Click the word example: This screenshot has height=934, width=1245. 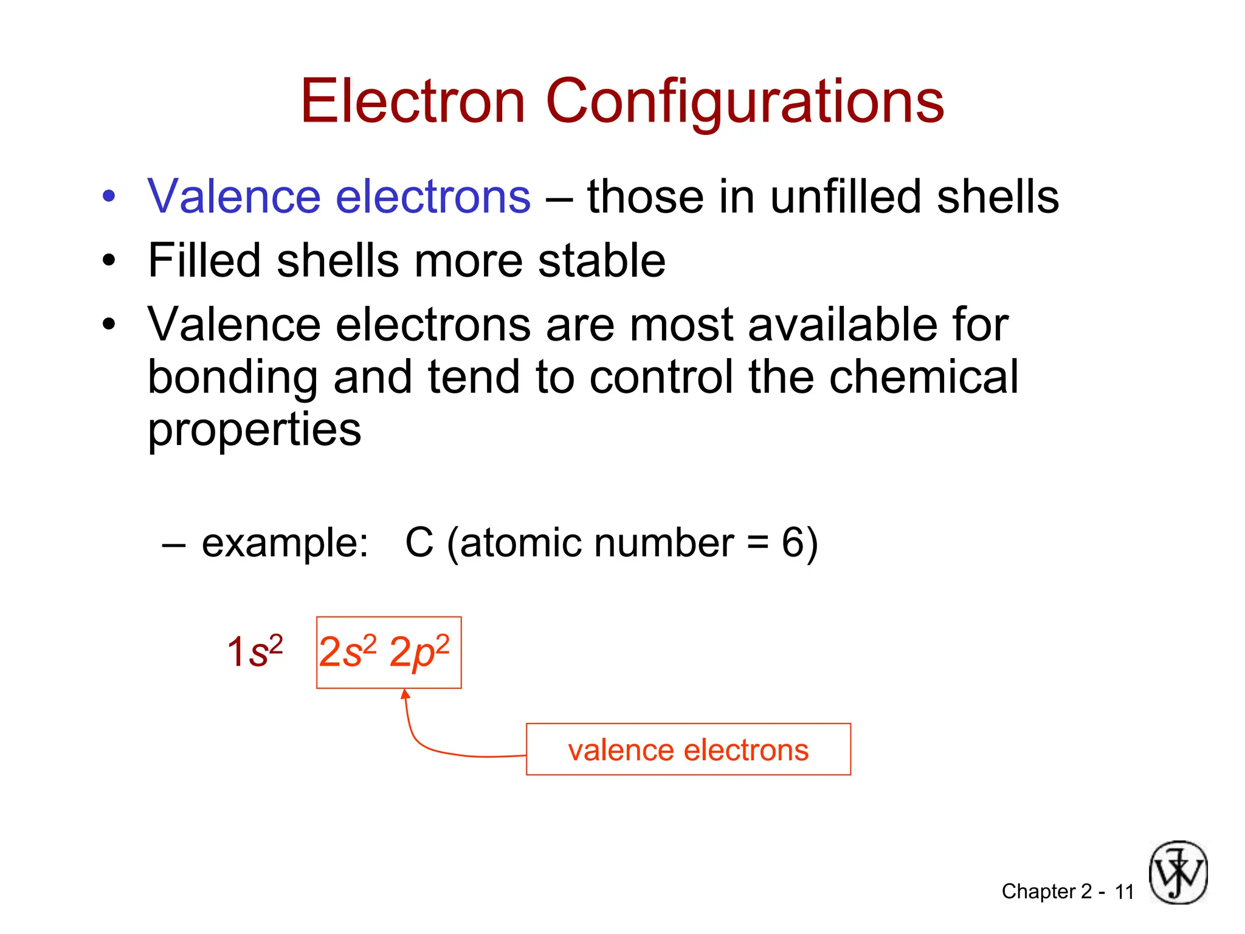[x=285, y=542]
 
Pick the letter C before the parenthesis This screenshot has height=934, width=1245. [x=419, y=542]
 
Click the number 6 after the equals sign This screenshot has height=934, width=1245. [x=793, y=542]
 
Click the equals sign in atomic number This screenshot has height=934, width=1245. [x=757, y=543]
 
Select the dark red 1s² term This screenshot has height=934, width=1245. [x=255, y=652]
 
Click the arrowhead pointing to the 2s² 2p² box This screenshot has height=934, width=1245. [x=405, y=694]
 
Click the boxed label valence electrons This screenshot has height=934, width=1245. [x=688, y=750]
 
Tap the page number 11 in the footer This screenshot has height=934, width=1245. [x=1124, y=892]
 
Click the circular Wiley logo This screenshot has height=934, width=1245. [x=1178, y=873]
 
